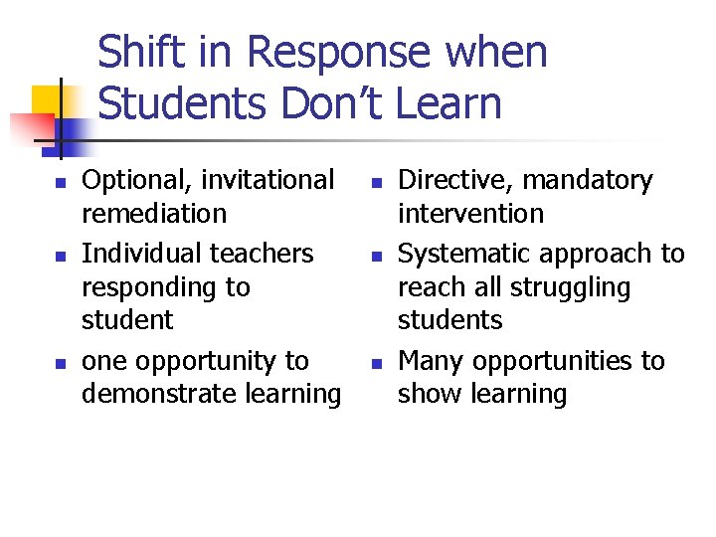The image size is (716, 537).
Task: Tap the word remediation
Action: click(x=154, y=214)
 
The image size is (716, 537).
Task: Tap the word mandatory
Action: click(x=588, y=181)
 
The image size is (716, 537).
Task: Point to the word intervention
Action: click(x=470, y=214)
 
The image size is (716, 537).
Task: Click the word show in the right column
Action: click(x=426, y=394)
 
